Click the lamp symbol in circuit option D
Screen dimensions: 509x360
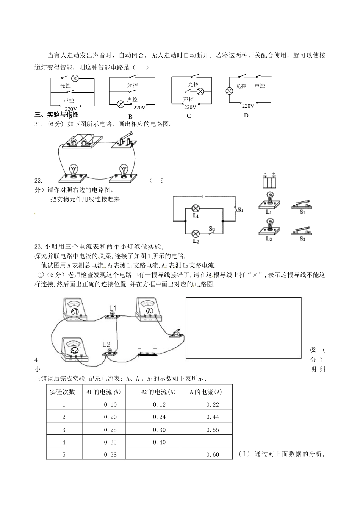tap(229, 91)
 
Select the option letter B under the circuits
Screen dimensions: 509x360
tap(130, 116)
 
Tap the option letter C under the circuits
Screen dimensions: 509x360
tap(189, 116)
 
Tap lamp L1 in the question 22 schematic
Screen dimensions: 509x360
tap(196, 209)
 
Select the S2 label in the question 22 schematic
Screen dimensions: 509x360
tap(212, 229)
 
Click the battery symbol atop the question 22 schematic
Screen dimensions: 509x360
tap(204, 196)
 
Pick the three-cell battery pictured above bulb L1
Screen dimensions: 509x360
tap(270, 181)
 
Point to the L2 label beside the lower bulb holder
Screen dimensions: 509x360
tap(106, 344)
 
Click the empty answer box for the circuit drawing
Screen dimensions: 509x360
tap(243, 328)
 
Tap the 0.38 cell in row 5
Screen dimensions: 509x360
tap(110, 454)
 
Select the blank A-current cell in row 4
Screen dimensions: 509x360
tap(207, 442)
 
